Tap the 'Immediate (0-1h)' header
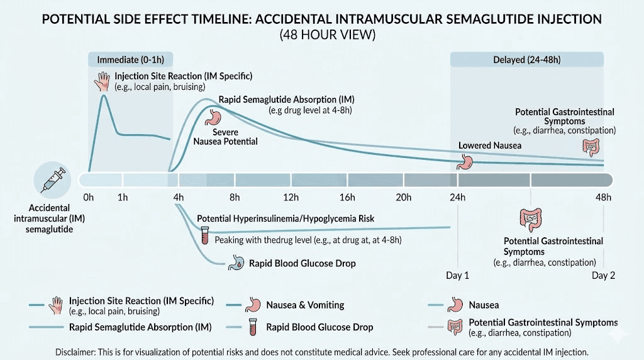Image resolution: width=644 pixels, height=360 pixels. (130, 60)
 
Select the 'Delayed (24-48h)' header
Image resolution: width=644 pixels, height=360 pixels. (527, 60)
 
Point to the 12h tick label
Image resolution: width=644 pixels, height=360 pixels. (291, 198)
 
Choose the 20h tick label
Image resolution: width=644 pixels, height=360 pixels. (403, 198)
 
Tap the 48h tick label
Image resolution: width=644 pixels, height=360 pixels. (603, 198)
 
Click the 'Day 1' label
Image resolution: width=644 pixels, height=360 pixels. (457, 276)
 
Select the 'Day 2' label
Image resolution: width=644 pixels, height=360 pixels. (603, 276)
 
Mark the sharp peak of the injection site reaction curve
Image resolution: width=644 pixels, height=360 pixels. (103, 95)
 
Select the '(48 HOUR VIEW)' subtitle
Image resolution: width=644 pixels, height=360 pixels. (326, 35)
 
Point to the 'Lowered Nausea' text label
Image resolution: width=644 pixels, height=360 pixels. (489, 145)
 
